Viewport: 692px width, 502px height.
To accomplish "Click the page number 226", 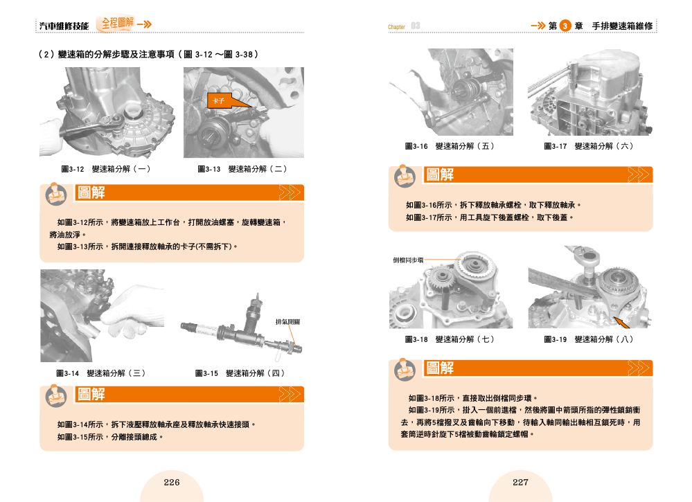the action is [172, 482].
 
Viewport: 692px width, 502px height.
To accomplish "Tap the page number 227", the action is [520, 482].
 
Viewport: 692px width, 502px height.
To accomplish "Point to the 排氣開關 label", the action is [287, 322].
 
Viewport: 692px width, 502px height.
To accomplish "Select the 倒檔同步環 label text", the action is [408, 260].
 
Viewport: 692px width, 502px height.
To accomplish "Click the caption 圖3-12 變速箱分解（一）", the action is [106, 169].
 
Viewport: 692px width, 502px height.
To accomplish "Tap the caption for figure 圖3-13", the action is [242, 169].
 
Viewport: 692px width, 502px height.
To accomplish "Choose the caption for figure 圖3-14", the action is [101, 373].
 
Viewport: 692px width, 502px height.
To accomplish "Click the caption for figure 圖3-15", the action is [240, 373].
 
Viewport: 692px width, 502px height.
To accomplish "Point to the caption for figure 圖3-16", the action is [450, 146].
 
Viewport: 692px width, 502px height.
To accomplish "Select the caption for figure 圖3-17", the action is [589, 146].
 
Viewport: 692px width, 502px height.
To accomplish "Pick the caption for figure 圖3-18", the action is [450, 339].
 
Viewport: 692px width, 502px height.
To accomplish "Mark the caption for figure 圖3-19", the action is [589, 339].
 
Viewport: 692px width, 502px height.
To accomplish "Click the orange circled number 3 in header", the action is [565, 26].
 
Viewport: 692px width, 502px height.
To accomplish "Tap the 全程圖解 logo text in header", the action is [117, 22].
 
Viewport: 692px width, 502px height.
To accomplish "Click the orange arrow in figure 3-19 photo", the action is [622, 323].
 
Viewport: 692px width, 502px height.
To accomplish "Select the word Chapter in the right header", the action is [396, 27].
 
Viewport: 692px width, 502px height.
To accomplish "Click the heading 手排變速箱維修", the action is [622, 26].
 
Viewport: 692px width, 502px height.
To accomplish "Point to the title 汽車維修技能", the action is [64, 26].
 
